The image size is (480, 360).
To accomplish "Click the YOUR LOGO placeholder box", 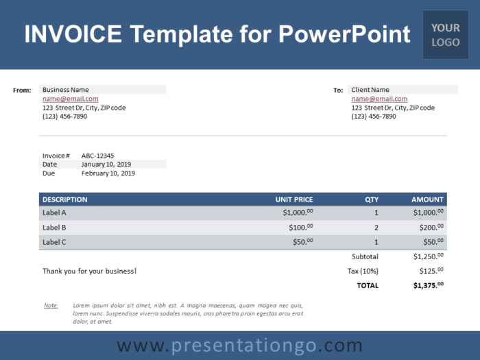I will (446, 34).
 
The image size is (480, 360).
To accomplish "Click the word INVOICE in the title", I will (73, 34).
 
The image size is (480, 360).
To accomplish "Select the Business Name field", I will (66, 90).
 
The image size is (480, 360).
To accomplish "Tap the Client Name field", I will (370, 90).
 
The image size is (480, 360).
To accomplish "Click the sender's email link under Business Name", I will (70, 99).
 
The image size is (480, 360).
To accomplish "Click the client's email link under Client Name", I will (379, 99).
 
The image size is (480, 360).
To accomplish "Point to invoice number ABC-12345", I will (97, 156).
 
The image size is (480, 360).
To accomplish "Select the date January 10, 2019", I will (106, 165).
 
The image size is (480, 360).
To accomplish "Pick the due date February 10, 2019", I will (108, 173).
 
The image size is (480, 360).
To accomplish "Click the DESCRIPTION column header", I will (65, 200).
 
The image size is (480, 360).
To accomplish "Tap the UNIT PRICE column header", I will (294, 200).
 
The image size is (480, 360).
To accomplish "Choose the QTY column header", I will (372, 200).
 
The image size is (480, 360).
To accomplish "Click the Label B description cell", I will (55, 227).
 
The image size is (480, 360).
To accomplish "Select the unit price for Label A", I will (298, 213).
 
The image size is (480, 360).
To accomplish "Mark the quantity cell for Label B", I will (376, 227).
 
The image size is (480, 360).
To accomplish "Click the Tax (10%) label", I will (363, 271).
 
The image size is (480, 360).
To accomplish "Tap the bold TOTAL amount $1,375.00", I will (429, 285).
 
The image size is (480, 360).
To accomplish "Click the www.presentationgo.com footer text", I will (239, 346).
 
